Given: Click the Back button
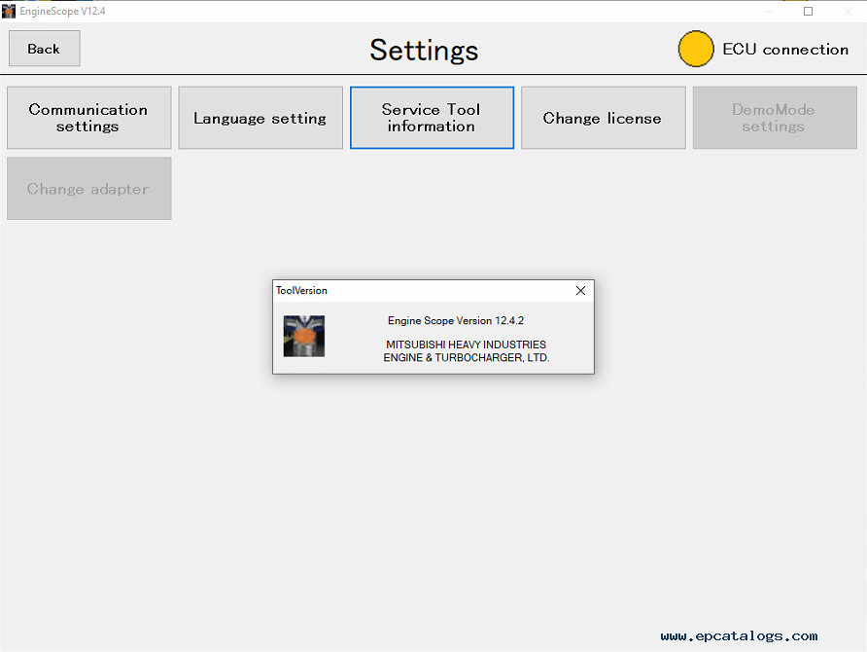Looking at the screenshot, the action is (x=45, y=49).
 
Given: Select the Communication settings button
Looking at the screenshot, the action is (x=89, y=118).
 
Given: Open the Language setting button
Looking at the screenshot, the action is (x=260, y=118).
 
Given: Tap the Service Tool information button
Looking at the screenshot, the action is (x=432, y=118).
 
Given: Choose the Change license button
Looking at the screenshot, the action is (x=604, y=118).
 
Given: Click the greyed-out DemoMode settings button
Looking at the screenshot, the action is (x=775, y=118).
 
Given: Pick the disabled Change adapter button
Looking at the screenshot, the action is (x=89, y=189).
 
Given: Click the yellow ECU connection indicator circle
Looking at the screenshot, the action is (x=696, y=49).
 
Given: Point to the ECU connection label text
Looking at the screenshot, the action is (x=785, y=50).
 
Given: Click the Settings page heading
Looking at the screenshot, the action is (x=424, y=51).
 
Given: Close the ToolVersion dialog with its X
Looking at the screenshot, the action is (x=580, y=291).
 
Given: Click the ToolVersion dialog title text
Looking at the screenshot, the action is (x=301, y=291).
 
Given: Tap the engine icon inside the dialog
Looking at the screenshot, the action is (x=304, y=336).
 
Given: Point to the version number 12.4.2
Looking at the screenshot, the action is (x=509, y=320).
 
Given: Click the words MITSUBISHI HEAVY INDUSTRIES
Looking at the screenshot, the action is (x=467, y=344).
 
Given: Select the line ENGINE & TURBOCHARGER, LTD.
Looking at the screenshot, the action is (x=467, y=357).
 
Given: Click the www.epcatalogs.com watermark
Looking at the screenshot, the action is (x=739, y=636).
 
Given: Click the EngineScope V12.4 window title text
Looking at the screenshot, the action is (x=62, y=11).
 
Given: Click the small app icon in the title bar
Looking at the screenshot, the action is (x=9, y=11).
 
